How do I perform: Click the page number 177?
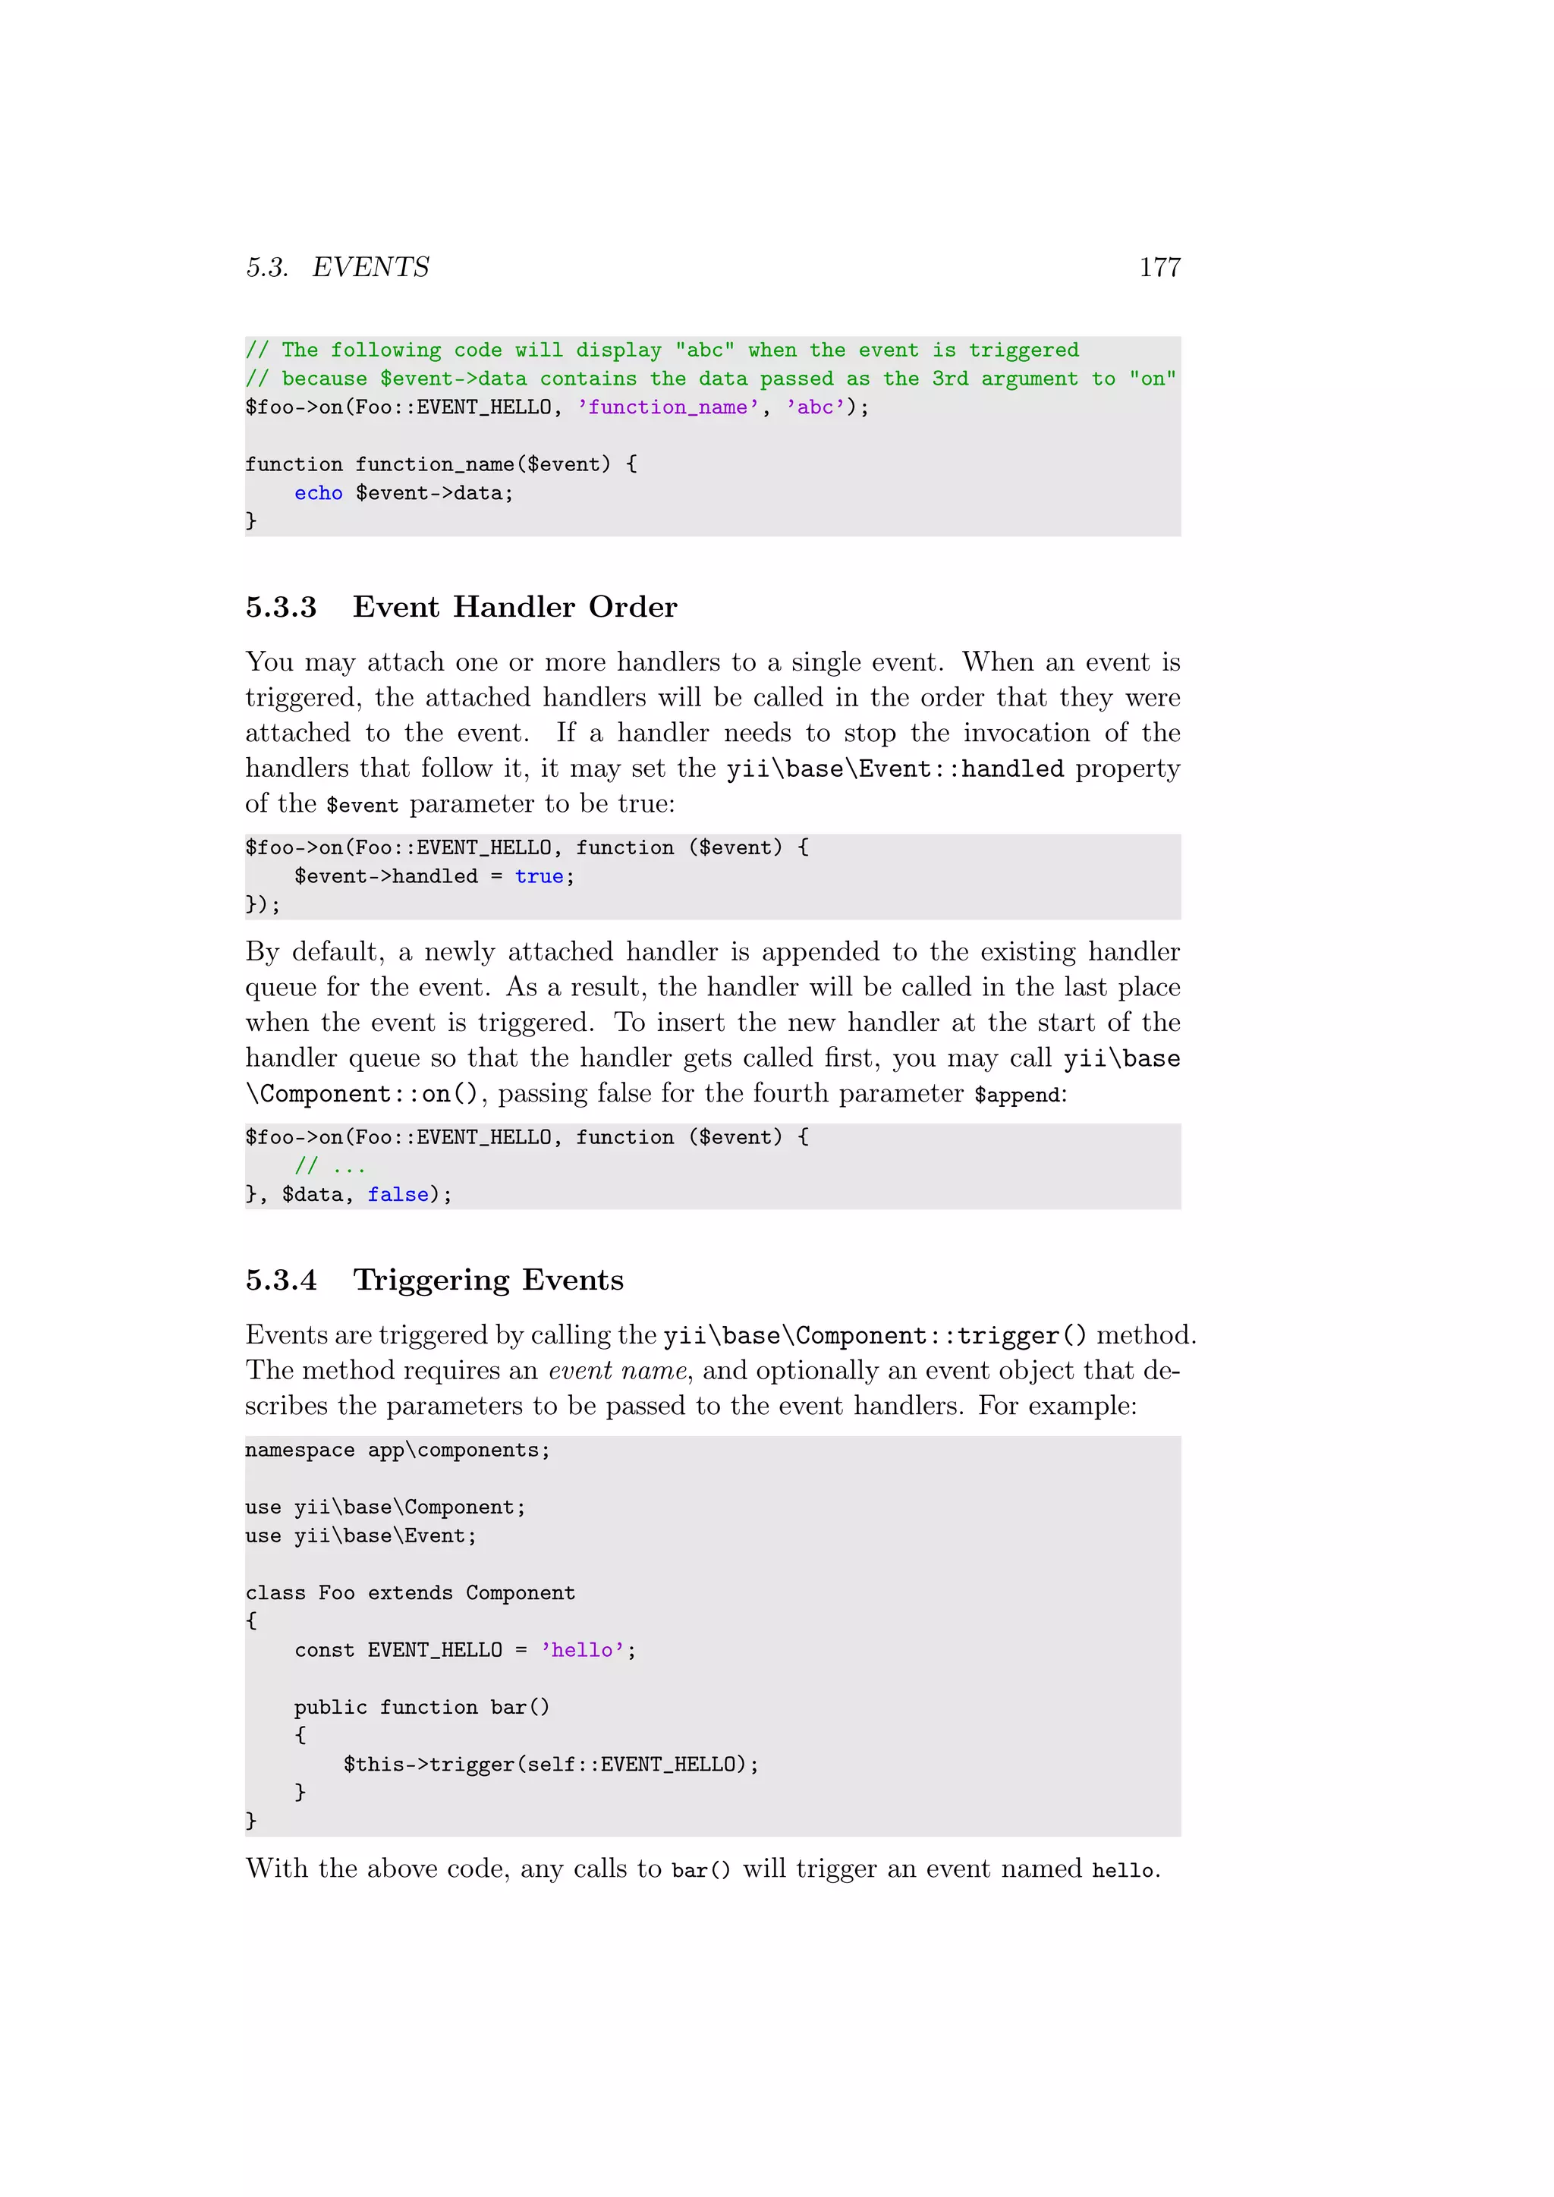[1159, 267]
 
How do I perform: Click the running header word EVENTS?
[370, 267]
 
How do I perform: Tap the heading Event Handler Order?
[514, 607]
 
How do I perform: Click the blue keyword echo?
[318, 493]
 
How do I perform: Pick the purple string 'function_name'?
[668, 407]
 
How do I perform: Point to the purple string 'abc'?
[815, 407]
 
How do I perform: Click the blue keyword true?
[539, 876]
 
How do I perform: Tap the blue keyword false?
[398, 1194]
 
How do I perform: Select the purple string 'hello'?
[582, 1650]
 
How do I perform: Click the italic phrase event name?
[617, 1370]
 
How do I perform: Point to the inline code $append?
[1016, 1095]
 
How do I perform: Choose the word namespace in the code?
[300, 1450]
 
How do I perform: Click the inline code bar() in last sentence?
[700, 1870]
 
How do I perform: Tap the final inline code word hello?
[1122, 1870]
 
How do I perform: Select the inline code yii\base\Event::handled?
[895, 769]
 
